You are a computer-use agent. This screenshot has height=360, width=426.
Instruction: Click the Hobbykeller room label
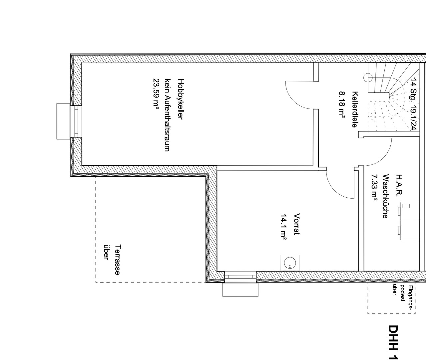181,99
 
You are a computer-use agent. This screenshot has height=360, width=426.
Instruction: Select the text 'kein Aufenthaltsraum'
168,115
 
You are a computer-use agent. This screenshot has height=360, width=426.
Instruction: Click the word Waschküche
386,196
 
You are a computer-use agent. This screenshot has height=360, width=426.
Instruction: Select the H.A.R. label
399,185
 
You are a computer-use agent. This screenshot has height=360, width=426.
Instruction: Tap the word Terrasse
117,260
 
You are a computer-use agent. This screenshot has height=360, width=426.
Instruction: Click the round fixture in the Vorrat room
290,263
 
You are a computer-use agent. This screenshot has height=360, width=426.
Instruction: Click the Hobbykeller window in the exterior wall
76,121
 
